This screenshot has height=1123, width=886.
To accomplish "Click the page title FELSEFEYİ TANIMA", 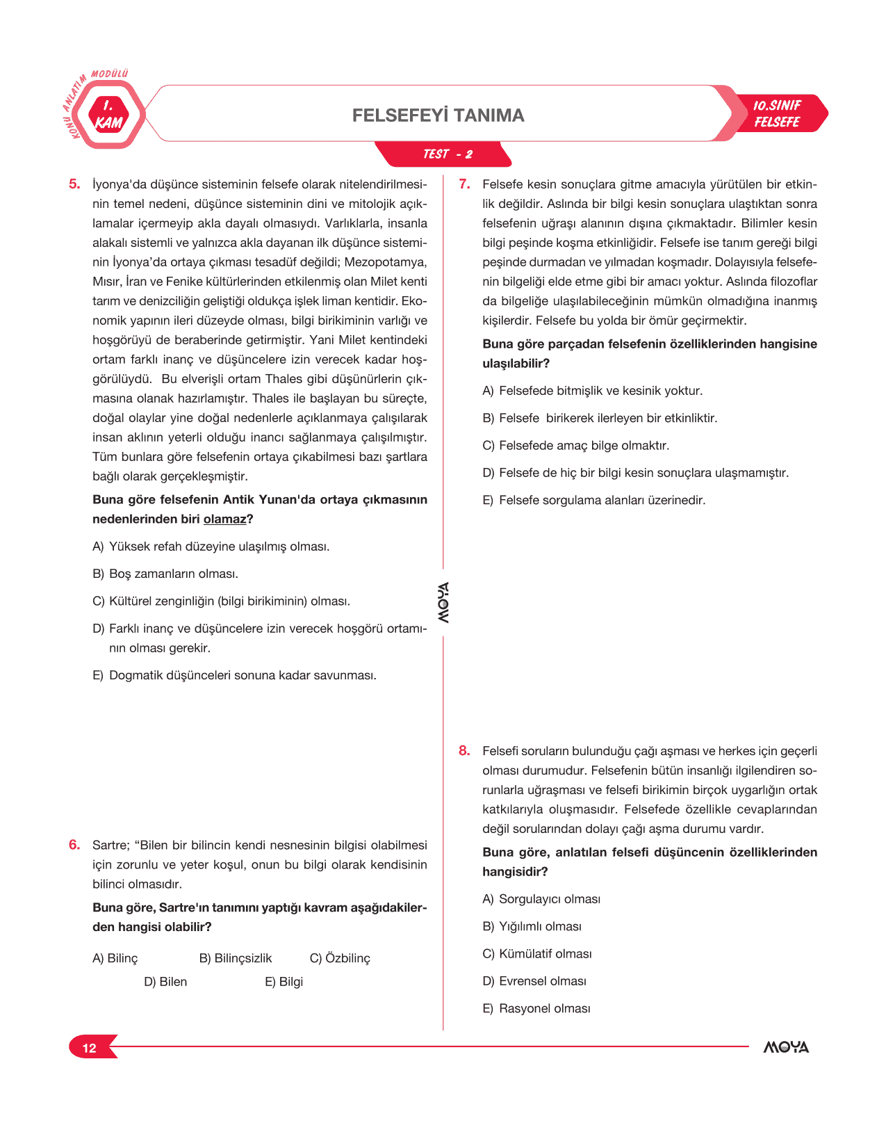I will (x=438, y=115).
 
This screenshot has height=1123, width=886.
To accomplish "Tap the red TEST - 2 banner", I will (x=447, y=154).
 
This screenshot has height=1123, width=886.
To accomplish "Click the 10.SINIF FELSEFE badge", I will (x=778, y=114).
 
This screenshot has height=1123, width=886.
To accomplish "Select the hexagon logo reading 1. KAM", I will (x=108, y=115).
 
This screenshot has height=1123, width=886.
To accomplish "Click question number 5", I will (x=74, y=184).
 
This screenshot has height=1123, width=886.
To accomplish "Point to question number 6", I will (x=74, y=845).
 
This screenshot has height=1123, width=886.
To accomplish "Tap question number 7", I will (x=464, y=184).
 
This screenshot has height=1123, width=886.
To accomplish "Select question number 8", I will (x=464, y=751).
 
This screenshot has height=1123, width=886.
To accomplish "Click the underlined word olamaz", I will (x=224, y=519).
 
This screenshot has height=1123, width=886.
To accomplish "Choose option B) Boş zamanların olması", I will (x=165, y=574).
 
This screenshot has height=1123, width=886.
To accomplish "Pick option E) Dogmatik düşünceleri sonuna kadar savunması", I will (x=235, y=676).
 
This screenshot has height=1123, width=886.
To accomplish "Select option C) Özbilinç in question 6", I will (x=340, y=958).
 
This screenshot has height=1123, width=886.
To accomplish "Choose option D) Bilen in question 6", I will (x=165, y=982).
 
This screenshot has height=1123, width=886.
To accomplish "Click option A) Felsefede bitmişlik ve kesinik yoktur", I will (x=592, y=391).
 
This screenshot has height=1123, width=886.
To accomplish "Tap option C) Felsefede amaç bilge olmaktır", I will (x=575, y=446).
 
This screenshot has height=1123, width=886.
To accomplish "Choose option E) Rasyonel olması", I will (x=536, y=1009).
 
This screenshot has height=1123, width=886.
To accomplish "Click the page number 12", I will (x=90, y=1048).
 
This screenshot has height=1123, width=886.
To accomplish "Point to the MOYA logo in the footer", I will (x=786, y=1047).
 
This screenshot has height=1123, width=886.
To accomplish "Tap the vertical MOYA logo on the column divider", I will (x=443, y=602).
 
